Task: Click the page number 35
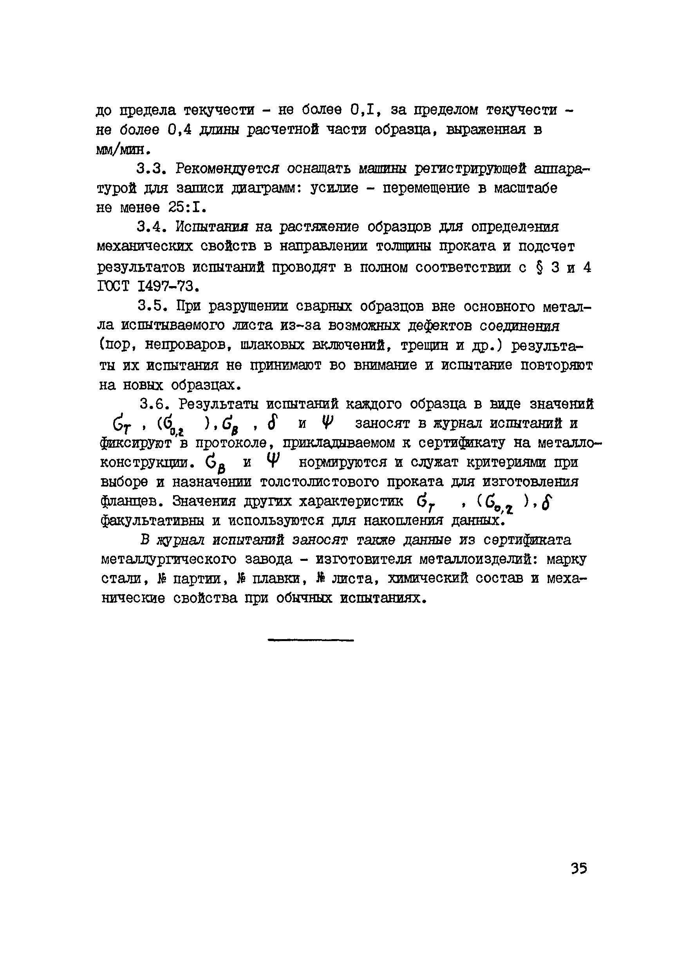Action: pos(578,868)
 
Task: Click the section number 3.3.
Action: pos(151,169)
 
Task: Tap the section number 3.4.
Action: pos(151,227)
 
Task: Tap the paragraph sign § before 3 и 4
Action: pos(539,268)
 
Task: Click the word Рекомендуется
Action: pos(228,169)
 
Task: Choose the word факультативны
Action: pos(152,521)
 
